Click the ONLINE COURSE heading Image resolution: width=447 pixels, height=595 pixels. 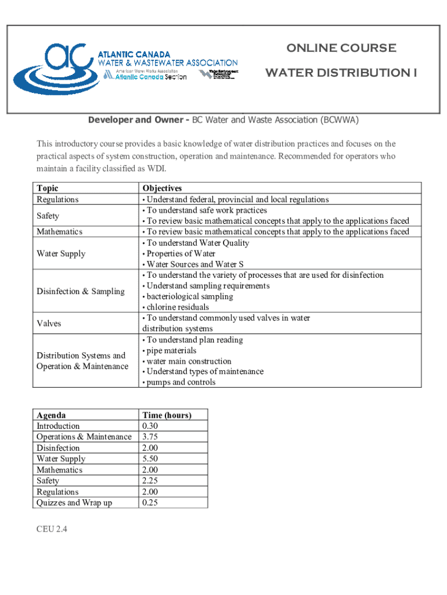(x=341, y=48)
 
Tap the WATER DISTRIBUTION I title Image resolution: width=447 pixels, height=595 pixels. (x=341, y=73)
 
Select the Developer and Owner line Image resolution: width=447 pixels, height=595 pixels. (x=223, y=120)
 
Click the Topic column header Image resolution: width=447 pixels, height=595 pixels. (x=47, y=188)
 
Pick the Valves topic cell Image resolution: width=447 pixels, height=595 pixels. (x=49, y=323)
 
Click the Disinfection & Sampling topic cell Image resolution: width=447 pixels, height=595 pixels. (x=80, y=291)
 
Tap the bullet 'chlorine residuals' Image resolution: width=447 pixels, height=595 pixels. (x=177, y=307)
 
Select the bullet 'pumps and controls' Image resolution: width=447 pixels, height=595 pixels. (x=180, y=382)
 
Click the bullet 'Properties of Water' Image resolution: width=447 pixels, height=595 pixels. (x=180, y=253)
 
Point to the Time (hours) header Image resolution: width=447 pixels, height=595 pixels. (x=167, y=415)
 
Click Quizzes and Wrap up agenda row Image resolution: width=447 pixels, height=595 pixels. (x=74, y=503)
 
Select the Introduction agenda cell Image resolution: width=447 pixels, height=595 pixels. (x=58, y=426)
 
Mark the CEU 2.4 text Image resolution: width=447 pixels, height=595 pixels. (x=52, y=530)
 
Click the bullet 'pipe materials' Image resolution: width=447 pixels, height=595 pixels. (x=171, y=350)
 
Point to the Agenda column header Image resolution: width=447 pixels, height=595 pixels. (x=51, y=415)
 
